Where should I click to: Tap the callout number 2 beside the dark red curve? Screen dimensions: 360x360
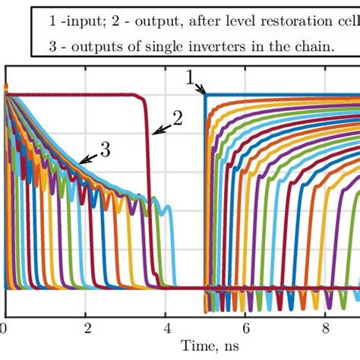[x=178, y=118]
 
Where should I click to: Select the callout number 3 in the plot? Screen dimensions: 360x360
[x=105, y=150]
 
